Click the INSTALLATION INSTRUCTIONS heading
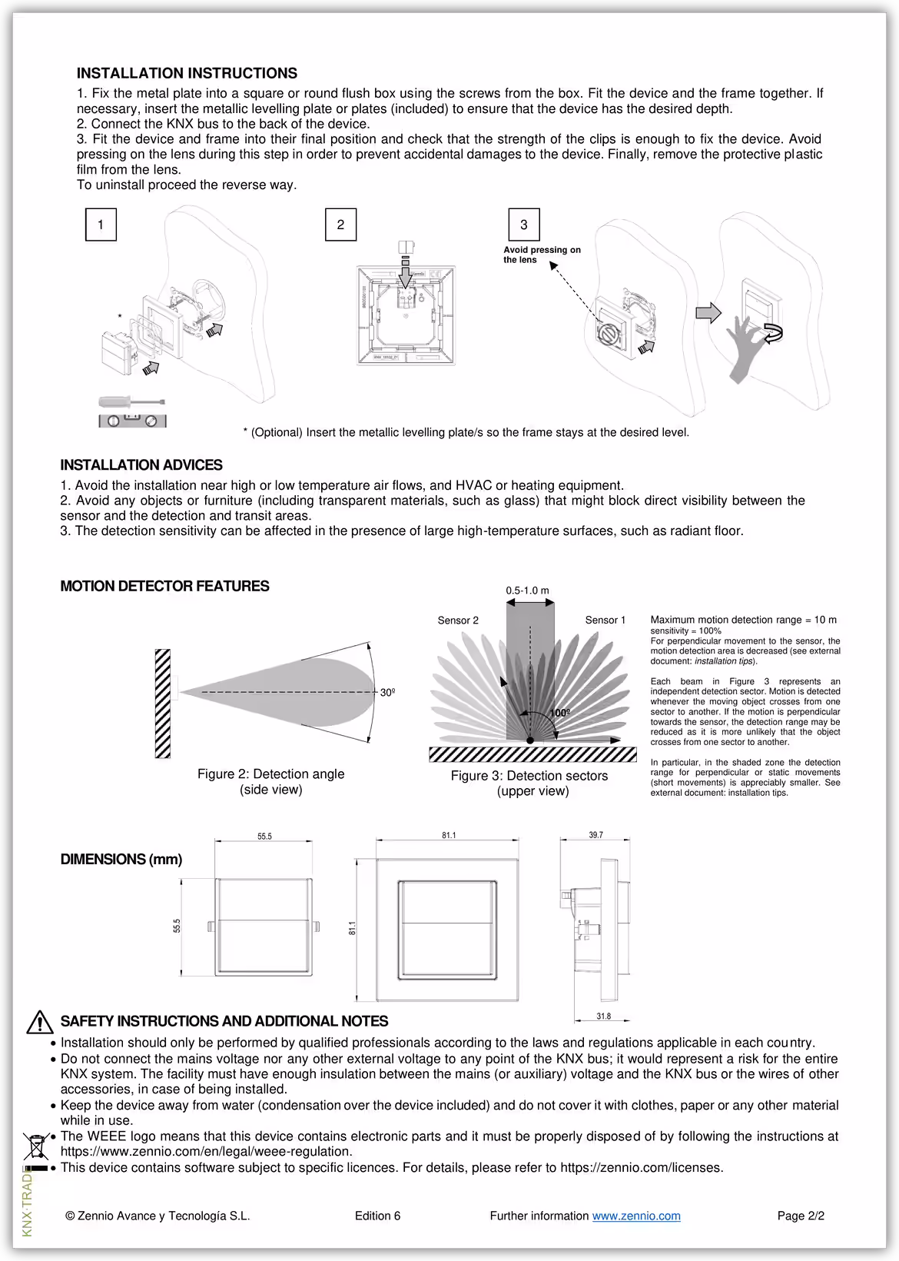coord(187,74)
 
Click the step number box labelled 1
coord(101,225)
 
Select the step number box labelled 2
coord(340,225)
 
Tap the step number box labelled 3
coord(524,225)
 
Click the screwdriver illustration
coord(131,402)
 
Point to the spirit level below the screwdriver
coord(132,421)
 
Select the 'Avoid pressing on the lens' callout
coord(542,255)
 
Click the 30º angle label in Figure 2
coord(388,693)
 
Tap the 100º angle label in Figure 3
coord(559,713)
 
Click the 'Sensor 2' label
coord(458,621)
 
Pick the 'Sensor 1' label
coord(605,620)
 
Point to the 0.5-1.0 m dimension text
coord(527,591)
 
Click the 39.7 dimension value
coord(595,835)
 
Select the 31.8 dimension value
coord(604,1016)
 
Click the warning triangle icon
coord(39,1022)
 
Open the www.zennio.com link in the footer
coord(636,1216)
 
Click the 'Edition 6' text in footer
coord(377,1216)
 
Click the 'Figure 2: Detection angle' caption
coord(270,774)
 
